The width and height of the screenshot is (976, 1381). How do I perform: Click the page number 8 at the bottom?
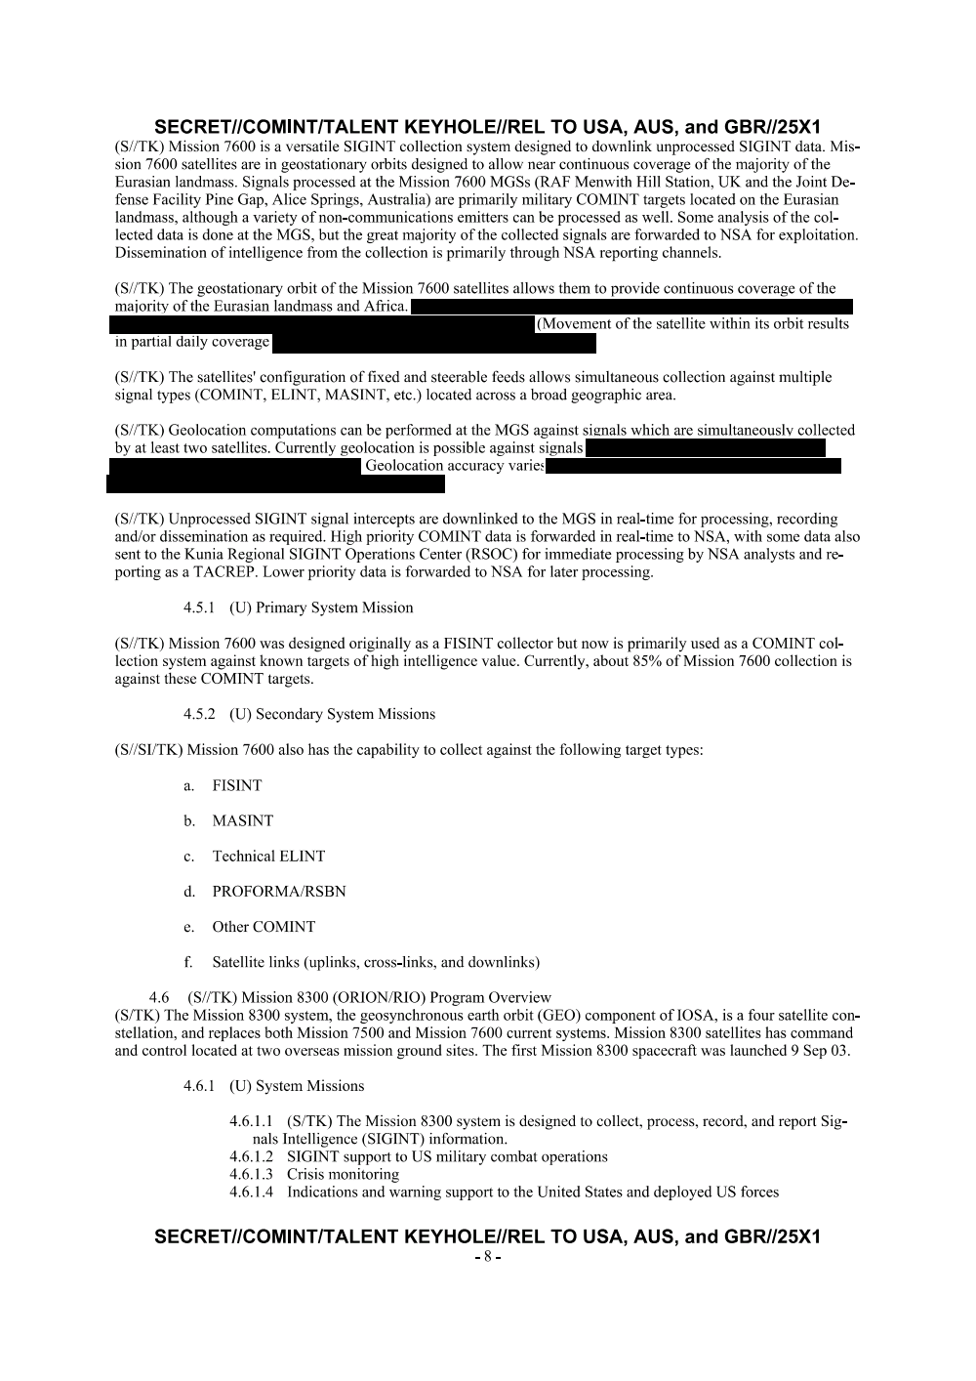[487, 1257]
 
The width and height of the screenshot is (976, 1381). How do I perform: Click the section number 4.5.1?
[200, 607]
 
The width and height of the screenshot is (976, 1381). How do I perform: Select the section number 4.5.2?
[200, 714]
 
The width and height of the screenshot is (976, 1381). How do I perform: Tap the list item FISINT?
[237, 785]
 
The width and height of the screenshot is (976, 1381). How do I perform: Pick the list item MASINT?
[243, 820]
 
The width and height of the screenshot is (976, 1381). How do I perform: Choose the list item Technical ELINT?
[268, 857]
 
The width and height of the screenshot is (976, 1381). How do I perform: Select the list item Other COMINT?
[264, 927]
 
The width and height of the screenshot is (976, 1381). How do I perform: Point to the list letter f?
[188, 962]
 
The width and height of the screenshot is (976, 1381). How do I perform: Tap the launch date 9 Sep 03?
[817, 1051]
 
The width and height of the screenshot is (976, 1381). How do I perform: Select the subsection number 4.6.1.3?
[252, 1174]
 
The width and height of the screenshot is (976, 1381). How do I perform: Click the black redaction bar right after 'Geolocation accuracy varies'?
[693, 466]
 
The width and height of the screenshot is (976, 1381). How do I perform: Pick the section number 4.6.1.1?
[252, 1121]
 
